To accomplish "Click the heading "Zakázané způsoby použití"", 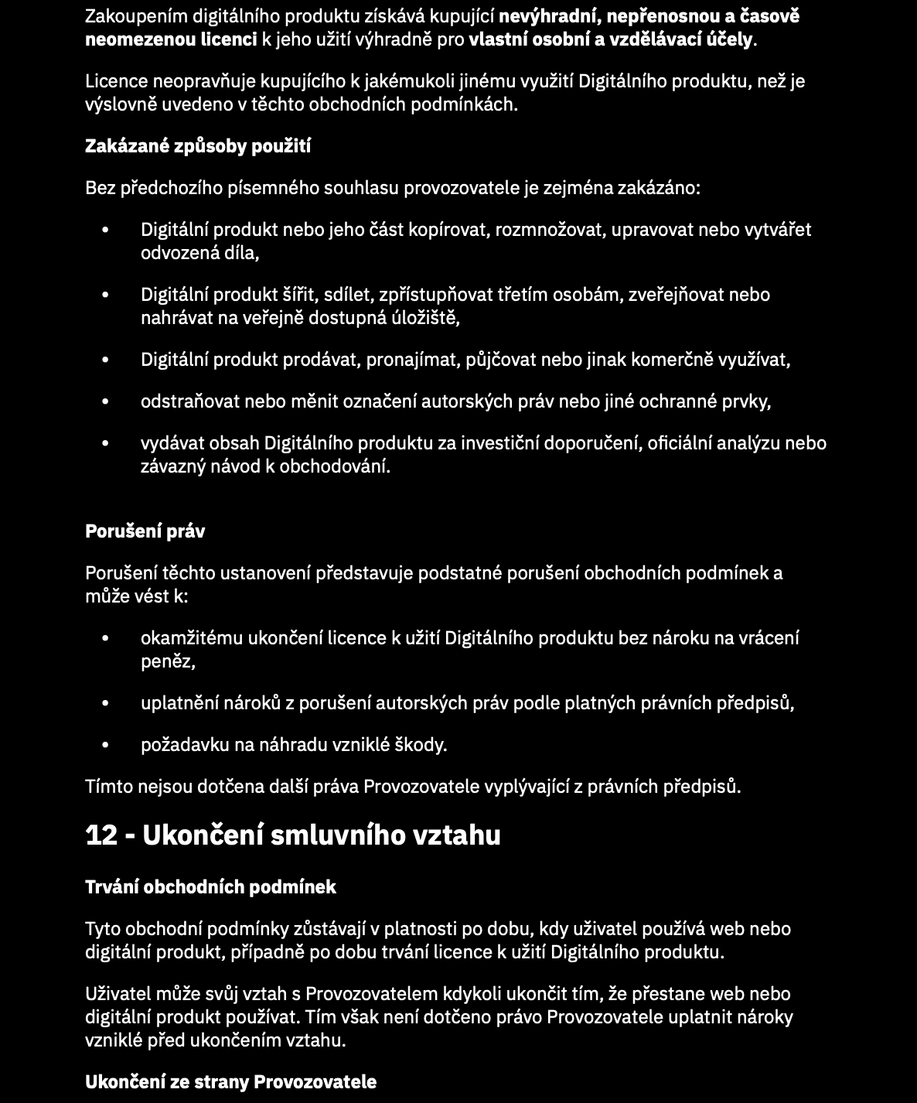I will [197, 146].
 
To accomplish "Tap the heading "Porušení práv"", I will [145, 531].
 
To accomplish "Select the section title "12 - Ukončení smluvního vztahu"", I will [292, 835].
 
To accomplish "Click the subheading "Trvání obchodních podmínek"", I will [210, 887].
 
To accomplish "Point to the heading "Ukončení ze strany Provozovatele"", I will [230, 1082].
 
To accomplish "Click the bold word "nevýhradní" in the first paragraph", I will [548, 16].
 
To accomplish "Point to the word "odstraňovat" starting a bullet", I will [189, 401].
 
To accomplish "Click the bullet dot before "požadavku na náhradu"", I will [106, 745].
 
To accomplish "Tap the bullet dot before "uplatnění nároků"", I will [106, 703].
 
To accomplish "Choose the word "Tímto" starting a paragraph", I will [108, 787].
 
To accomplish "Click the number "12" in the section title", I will [102, 835].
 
